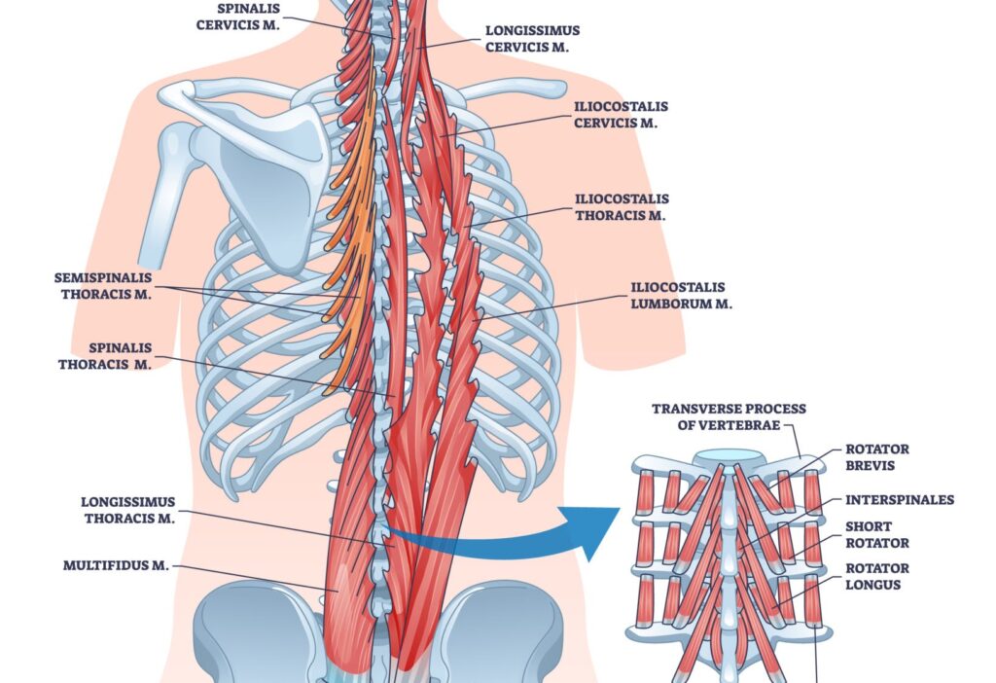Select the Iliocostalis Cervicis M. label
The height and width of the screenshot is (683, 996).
pyautogui.click(x=621, y=114)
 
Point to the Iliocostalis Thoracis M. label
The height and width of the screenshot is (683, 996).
pyautogui.click(x=621, y=207)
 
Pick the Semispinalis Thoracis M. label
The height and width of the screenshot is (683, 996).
pyautogui.click(x=103, y=285)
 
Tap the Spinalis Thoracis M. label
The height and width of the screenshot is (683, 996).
pyautogui.click(x=106, y=355)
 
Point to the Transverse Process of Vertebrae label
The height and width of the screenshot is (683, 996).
pyautogui.click(x=729, y=416)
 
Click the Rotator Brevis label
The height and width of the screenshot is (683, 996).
pyautogui.click(x=877, y=457)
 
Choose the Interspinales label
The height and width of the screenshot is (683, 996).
pyautogui.click(x=900, y=500)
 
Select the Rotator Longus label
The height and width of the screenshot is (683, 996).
pyautogui.click(x=877, y=576)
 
